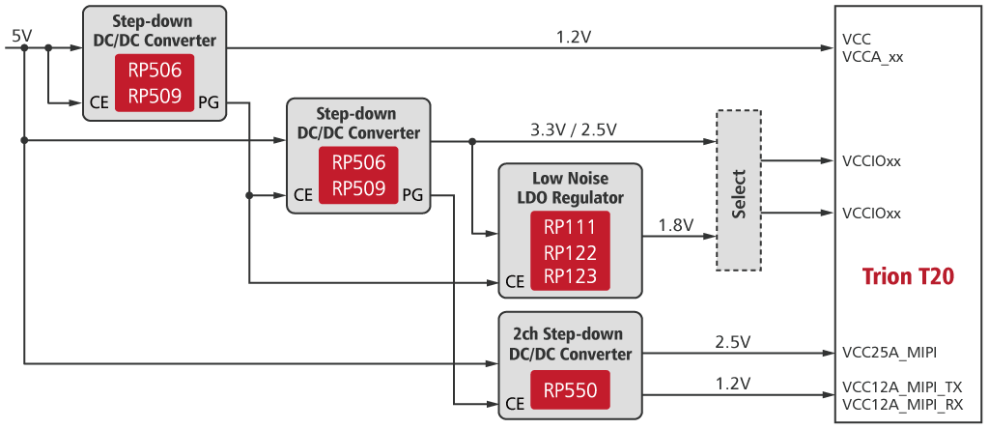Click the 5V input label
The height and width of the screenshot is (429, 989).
20,36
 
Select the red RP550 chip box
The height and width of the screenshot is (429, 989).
570,391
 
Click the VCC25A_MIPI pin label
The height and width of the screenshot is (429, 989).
890,352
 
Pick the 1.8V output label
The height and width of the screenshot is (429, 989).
676,225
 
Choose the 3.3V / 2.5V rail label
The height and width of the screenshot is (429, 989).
573,129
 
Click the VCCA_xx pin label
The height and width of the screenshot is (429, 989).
873,57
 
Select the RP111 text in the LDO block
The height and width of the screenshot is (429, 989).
570,228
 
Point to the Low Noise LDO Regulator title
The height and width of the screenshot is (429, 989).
570,188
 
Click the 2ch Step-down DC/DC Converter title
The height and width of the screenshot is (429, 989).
570,344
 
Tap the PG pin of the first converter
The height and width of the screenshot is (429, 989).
209,101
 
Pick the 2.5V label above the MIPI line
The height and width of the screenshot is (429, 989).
733,342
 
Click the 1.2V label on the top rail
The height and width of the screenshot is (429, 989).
574,37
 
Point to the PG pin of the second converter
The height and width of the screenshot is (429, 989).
412,194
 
